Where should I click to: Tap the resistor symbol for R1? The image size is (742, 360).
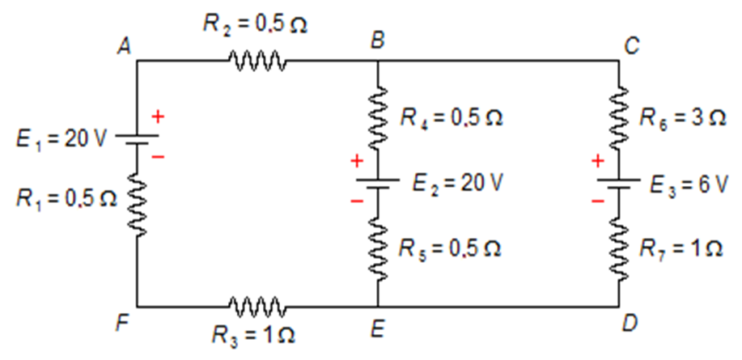tap(137, 206)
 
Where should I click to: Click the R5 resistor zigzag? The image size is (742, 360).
tap(378, 247)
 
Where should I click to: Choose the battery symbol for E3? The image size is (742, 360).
tap(619, 184)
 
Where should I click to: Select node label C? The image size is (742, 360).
tap(631, 46)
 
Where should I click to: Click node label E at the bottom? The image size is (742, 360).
tap(377, 328)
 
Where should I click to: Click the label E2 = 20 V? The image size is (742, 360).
tap(458, 183)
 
